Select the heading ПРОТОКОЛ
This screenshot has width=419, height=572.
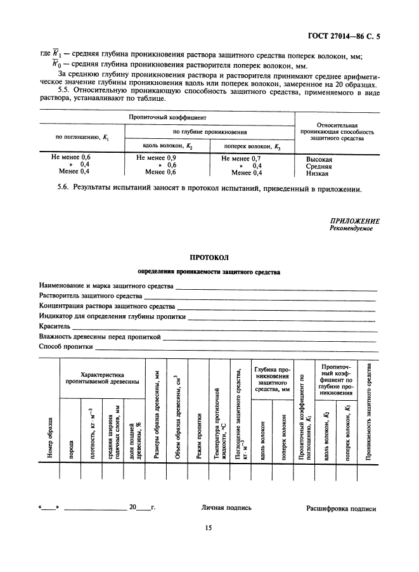(209, 257)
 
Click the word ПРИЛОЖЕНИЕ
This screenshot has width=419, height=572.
(355, 221)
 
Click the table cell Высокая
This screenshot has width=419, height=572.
(319, 159)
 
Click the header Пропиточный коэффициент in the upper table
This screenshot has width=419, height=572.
(166, 118)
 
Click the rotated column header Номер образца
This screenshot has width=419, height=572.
(49, 438)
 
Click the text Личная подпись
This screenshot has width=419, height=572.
(226, 507)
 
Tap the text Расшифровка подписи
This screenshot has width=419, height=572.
(341, 508)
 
